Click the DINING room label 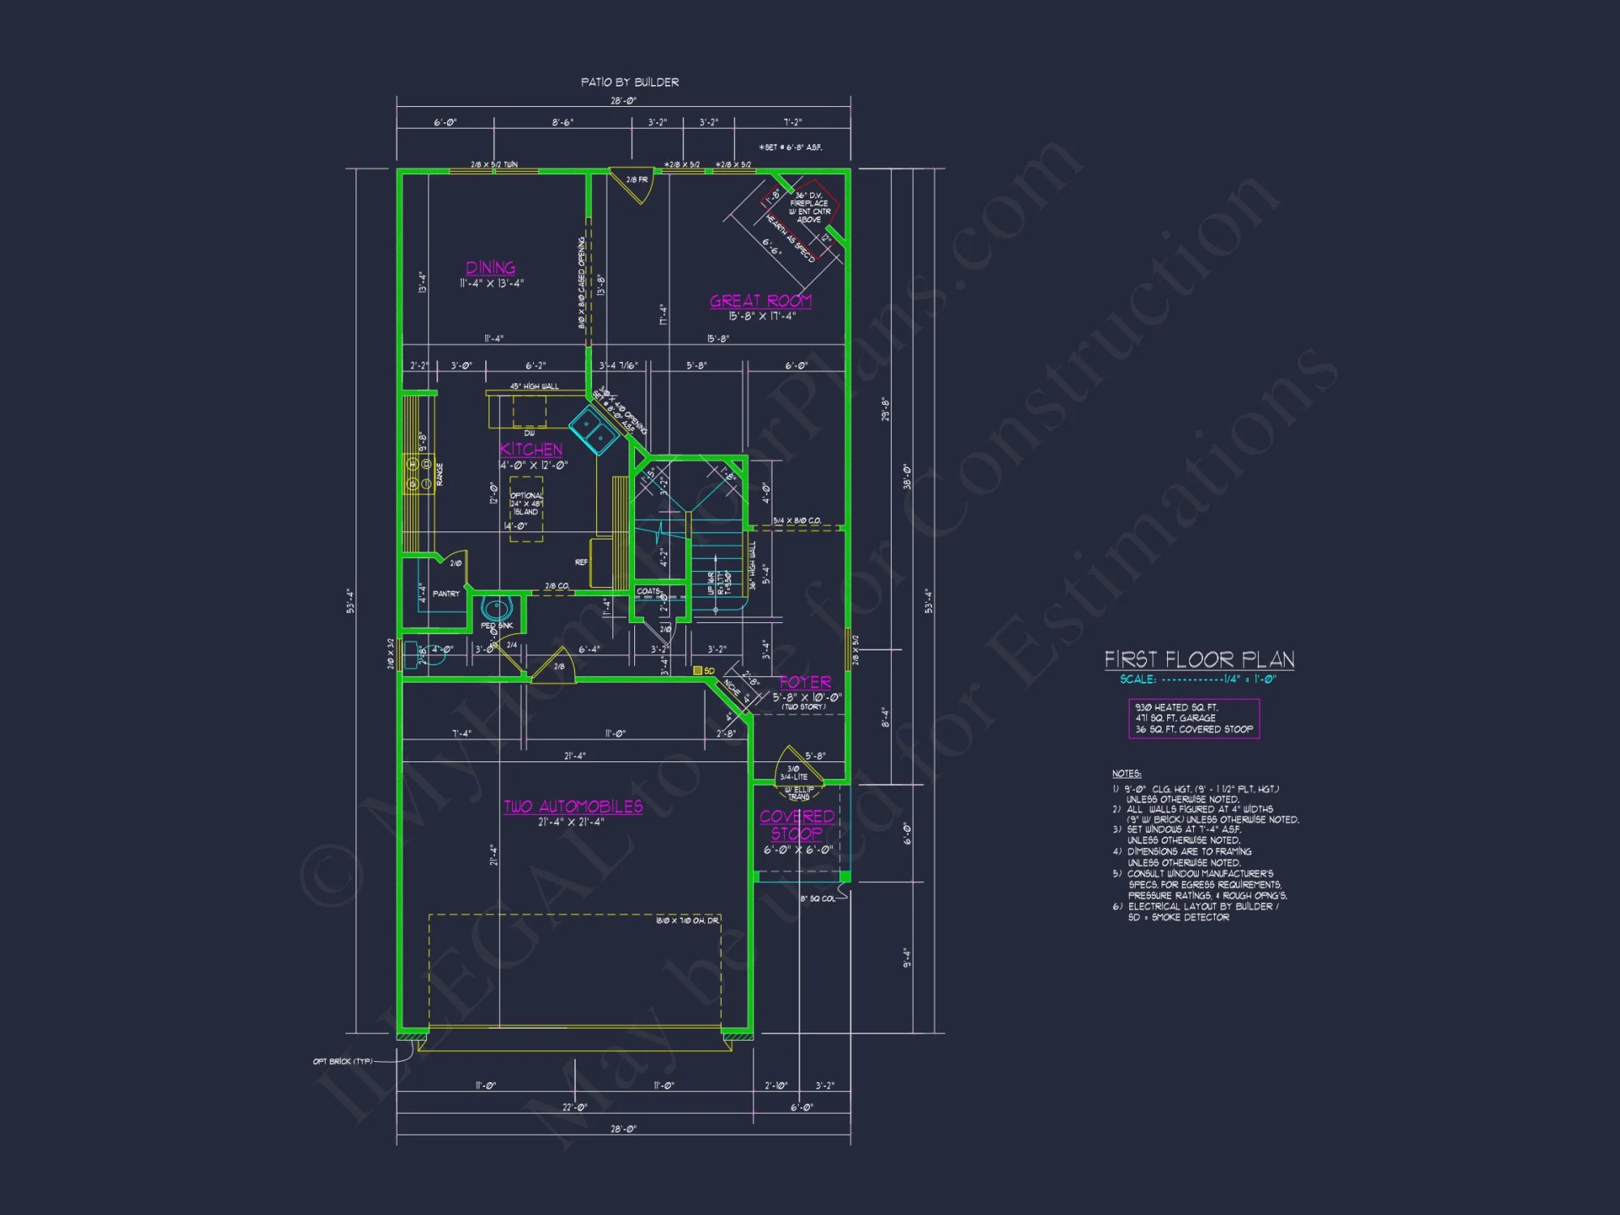click(x=490, y=267)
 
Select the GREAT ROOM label click(x=761, y=301)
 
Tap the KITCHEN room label click(x=531, y=450)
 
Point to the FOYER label click(x=805, y=683)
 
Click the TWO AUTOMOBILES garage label click(x=573, y=807)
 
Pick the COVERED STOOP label click(x=797, y=825)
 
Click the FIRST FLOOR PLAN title click(x=1199, y=659)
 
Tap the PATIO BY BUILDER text click(x=629, y=82)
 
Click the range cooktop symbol click(x=420, y=474)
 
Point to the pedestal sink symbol click(x=497, y=608)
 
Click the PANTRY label click(x=446, y=594)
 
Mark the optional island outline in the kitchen click(x=526, y=509)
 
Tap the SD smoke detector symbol click(x=698, y=671)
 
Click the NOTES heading click(x=1127, y=774)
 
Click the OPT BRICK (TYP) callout click(x=343, y=1061)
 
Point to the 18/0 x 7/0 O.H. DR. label click(x=687, y=920)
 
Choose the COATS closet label click(x=648, y=591)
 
